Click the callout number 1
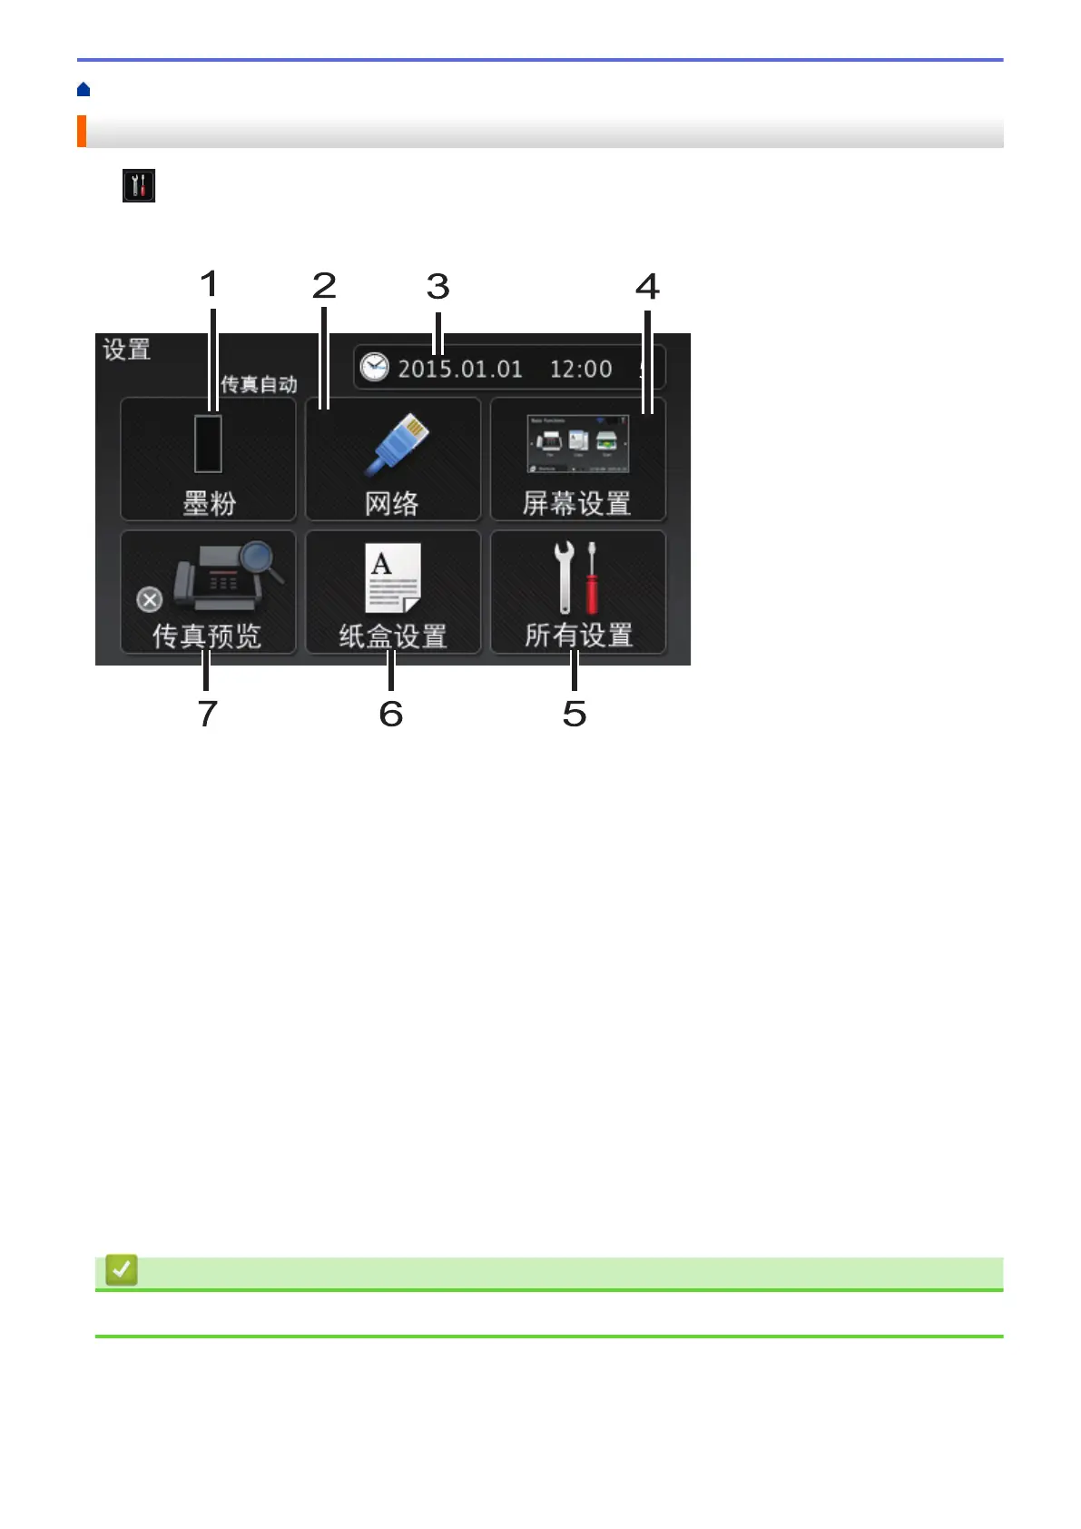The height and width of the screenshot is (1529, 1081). click(x=210, y=284)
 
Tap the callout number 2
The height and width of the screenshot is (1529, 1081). click(x=324, y=286)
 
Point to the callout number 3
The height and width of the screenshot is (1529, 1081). click(x=438, y=287)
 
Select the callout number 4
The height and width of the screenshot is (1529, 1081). click(x=647, y=287)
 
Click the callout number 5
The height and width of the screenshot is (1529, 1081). click(x=575, y=714)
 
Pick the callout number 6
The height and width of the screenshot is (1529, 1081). click(x=391, y=714)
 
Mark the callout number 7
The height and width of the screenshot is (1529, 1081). click(x=208, y=714)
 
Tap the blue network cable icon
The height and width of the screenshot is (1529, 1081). click(x=398, y=444)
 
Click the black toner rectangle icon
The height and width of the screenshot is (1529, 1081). click(x=208, y=444)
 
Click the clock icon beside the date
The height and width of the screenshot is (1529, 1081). click(x=374, y=368)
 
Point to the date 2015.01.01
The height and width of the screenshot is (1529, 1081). click(x=460, y=369)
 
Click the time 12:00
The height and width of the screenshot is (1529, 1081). click(x=581, y=369)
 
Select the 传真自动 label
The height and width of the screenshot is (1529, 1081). click(x=259, y=384)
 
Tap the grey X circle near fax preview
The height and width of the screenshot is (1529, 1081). click(x=150, y=599)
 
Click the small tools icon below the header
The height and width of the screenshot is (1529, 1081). click(x=139, y=185)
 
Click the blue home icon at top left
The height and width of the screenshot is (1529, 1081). click(x=84, y=89)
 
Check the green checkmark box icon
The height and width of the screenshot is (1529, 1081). click(x=122, y=1269)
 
